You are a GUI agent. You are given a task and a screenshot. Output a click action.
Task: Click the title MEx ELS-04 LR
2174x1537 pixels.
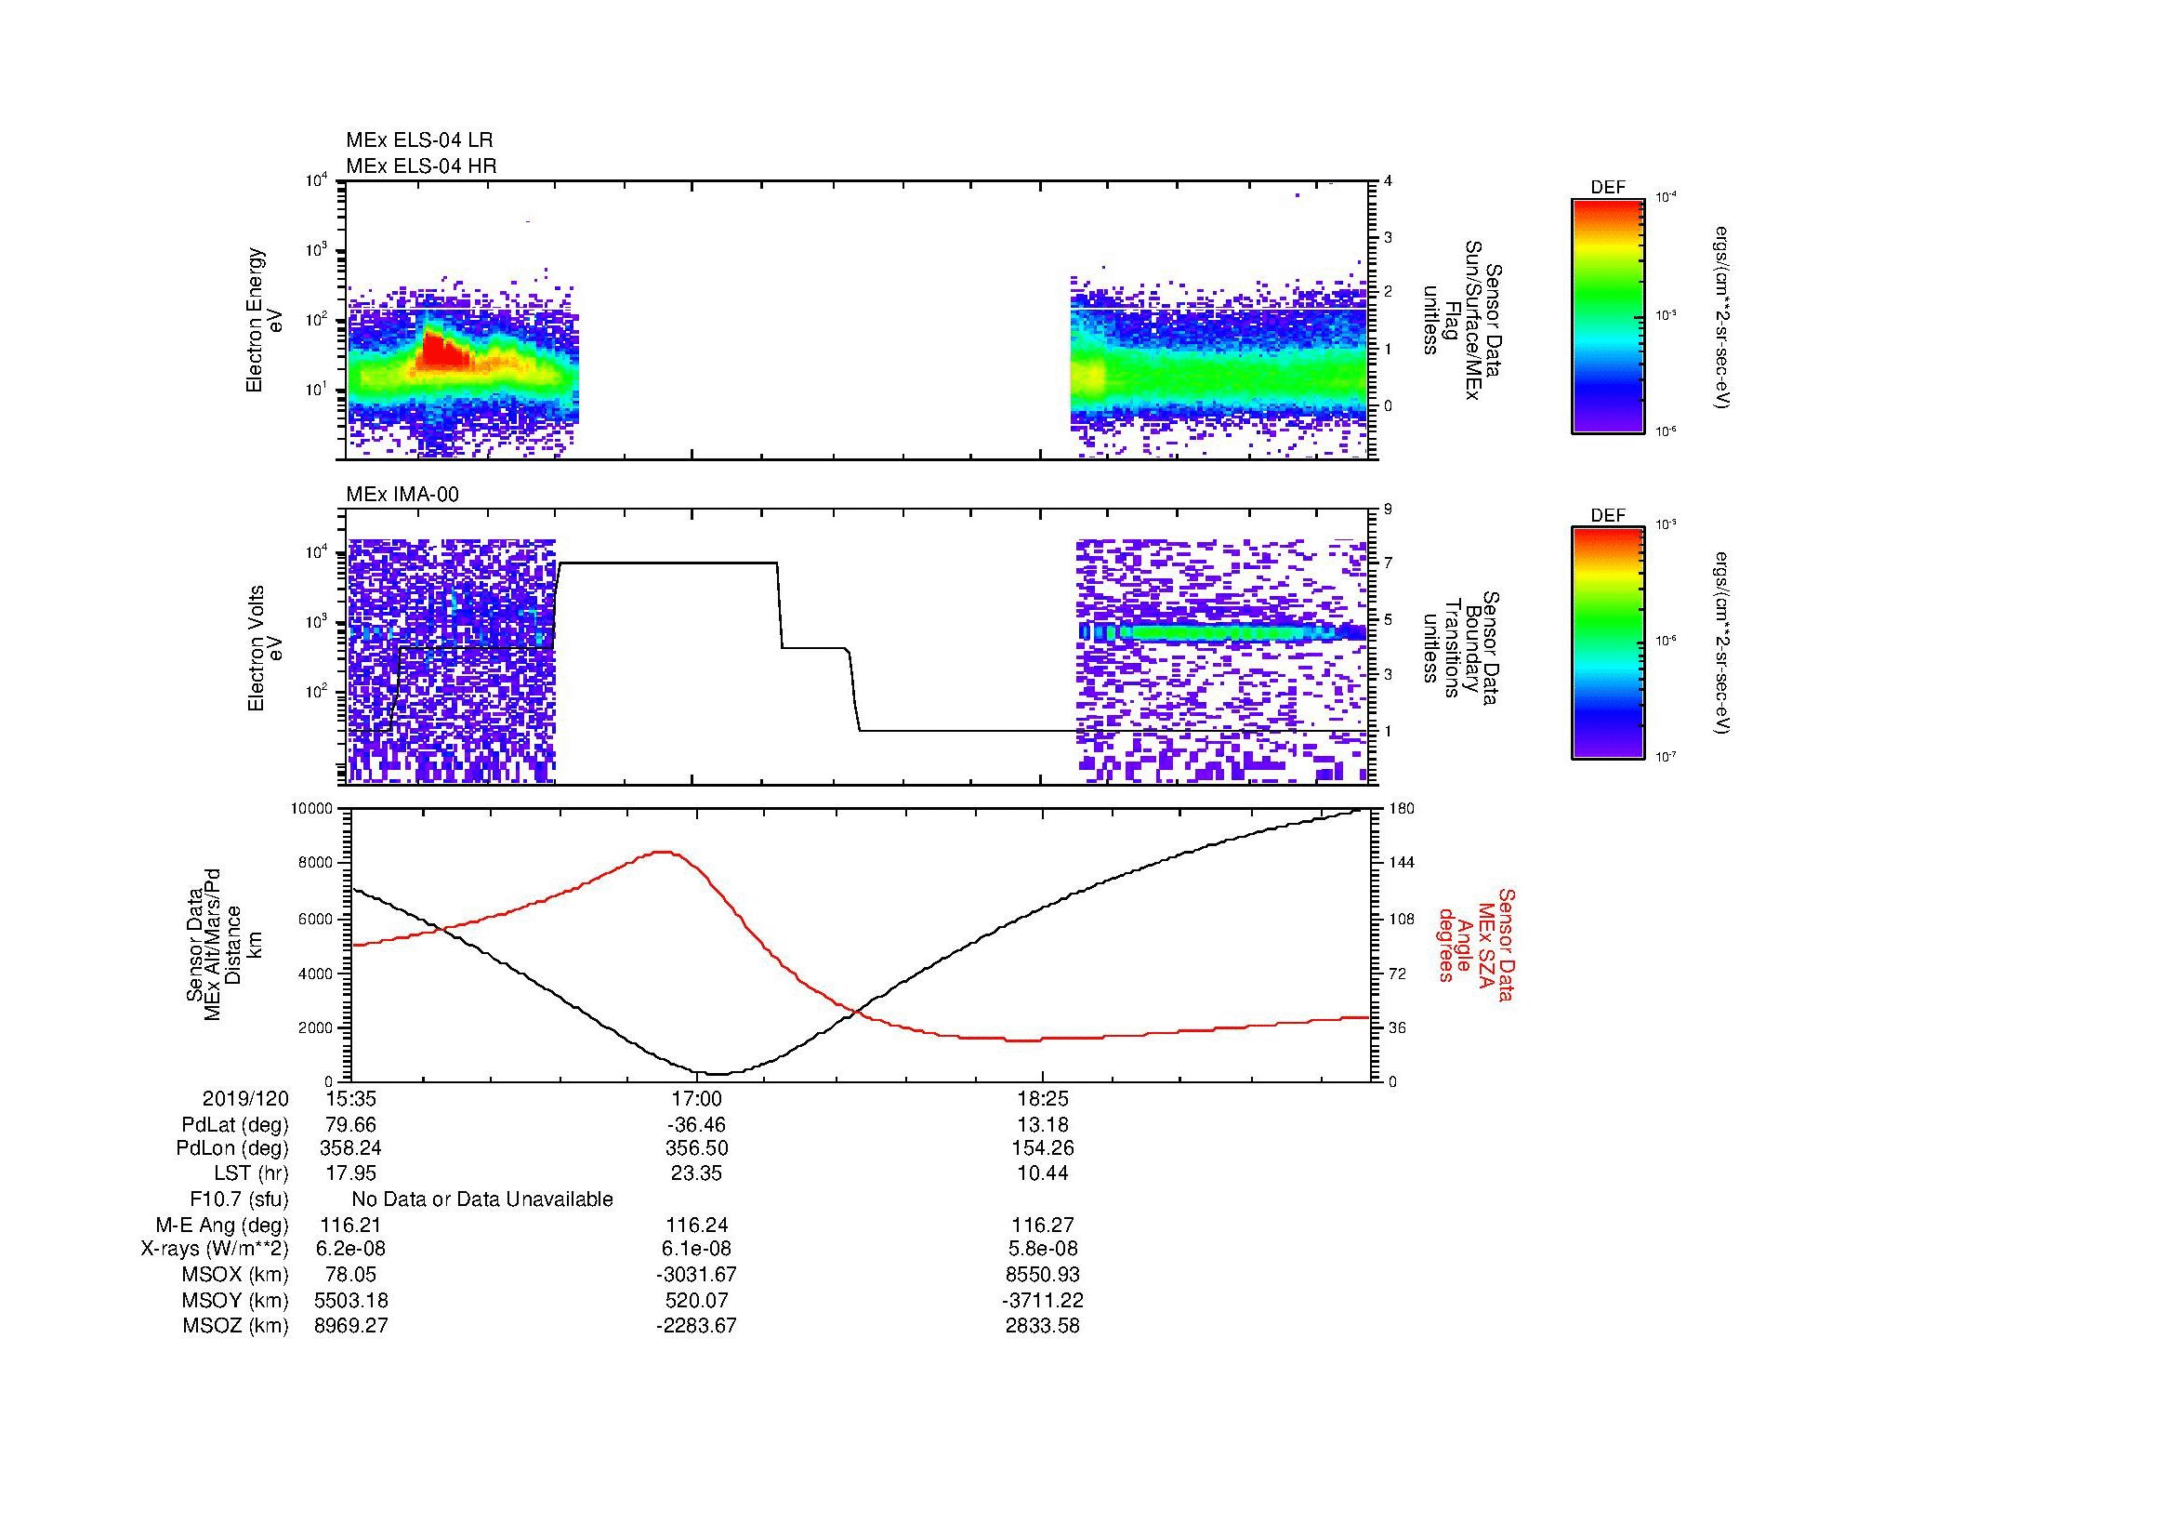point(419,140)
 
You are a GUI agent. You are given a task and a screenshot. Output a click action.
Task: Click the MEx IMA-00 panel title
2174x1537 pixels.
point(402,494)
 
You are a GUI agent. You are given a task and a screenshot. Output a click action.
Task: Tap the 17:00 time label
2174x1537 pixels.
point(696,1099)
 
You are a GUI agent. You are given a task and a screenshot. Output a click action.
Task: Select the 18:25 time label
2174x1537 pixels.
point(1042,1099)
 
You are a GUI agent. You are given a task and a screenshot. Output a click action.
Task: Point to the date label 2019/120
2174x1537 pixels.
point(245,1099)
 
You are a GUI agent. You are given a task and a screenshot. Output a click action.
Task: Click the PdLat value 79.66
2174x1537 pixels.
point(350,1125)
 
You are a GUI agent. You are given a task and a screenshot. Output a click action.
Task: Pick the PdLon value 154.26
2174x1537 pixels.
point(1042,1148)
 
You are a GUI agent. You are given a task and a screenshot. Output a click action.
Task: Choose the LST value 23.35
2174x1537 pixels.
point(696,1174)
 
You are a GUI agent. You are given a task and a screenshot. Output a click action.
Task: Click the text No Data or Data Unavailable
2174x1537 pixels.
point(482,1199)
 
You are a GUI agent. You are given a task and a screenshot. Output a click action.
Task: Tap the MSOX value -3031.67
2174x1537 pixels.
point(696,1275)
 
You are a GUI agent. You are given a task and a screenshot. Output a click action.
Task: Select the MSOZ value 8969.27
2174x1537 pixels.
point(350,1325)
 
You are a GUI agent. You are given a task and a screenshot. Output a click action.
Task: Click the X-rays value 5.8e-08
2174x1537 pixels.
point(1042,1249)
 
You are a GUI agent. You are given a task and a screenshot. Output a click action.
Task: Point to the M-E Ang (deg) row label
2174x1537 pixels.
point(221,1225)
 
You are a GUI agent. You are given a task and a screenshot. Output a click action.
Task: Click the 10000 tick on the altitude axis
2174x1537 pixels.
point(311,809)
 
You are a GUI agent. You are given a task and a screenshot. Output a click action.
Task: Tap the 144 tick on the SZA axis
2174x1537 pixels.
point(1401,863)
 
